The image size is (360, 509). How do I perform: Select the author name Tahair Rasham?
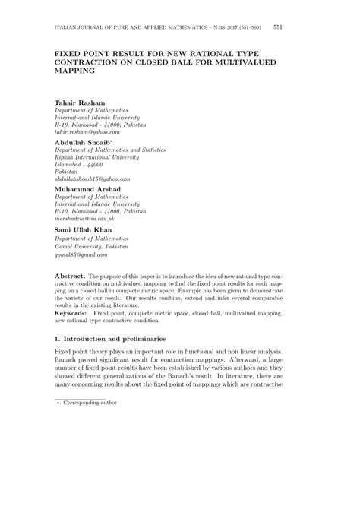(81, 101)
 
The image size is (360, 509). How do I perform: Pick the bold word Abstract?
(71, 277)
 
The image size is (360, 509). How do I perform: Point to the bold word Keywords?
(72, 311)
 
